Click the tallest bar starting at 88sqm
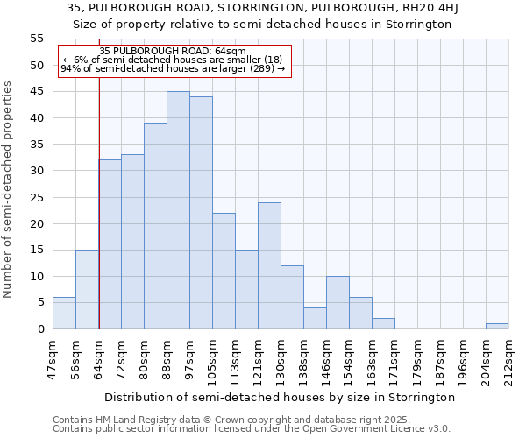[178, 210]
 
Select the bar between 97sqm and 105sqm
[201, 213]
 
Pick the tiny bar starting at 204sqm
[497, 326]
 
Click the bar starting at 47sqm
[64, 313]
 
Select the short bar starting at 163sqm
[383, 323]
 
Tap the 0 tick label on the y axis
[40, 329]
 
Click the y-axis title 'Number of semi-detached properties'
[9, 188]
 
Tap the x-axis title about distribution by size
[281, 397]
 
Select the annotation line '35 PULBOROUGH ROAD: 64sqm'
[173, 52]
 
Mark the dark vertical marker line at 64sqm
[99, 219]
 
